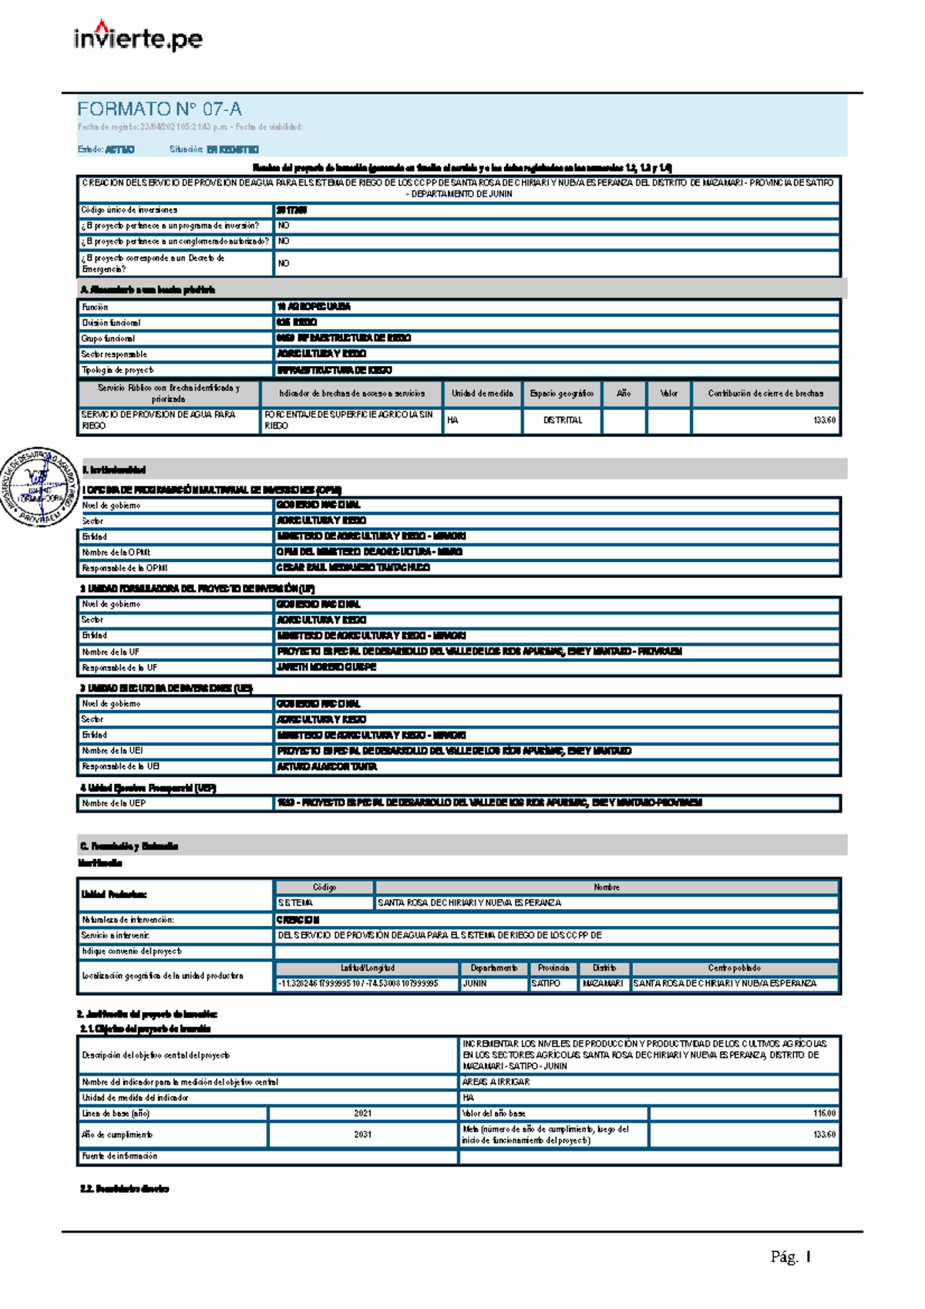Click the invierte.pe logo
pyautogui.click(x=138, y=38)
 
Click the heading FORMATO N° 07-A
pyautogui.click(x=160, y=109)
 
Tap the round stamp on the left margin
pyautogui.click(x=39, y=486)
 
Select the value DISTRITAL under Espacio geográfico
pyautogui.click(x=563, y=420)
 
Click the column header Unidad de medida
pyautogui.click(x=482, y=393)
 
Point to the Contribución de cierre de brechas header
pyautogui.click(x=765, y=393)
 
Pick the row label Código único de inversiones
pyautogui.click(x=129, y=210)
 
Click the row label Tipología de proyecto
pyautogui.click(x=118, y=370)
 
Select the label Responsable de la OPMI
pyautogui.click(x=125, y=568)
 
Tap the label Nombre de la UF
pyautogui.click(x=111, y=651)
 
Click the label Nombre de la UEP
pyautogui.click(x=114, y=803)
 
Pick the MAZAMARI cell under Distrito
pyautogui.click(x=603, y=984)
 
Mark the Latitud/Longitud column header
pyautogui.click(x=367, y=968)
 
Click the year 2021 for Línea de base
pyautogui.click(x=363, y=1113)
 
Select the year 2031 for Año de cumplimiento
pyautogui.click(x=363, y=1135)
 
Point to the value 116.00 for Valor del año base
pyautogui.click(x=824, y=1113)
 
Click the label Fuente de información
pyautogui.click(x=119, y=1156)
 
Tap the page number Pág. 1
pyautogui.click(x=791, y=1257)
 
